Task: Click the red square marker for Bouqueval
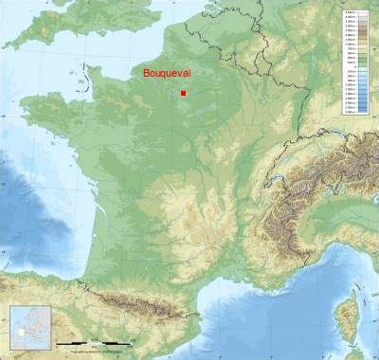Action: pyautogui.click(x=183, y=93)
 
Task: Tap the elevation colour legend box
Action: pyautogui.click(x=356, y=62)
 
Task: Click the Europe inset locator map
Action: pyautogui.click(x=29, y=328)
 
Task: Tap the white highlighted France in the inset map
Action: pyautogui.click(x=21, y=333)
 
